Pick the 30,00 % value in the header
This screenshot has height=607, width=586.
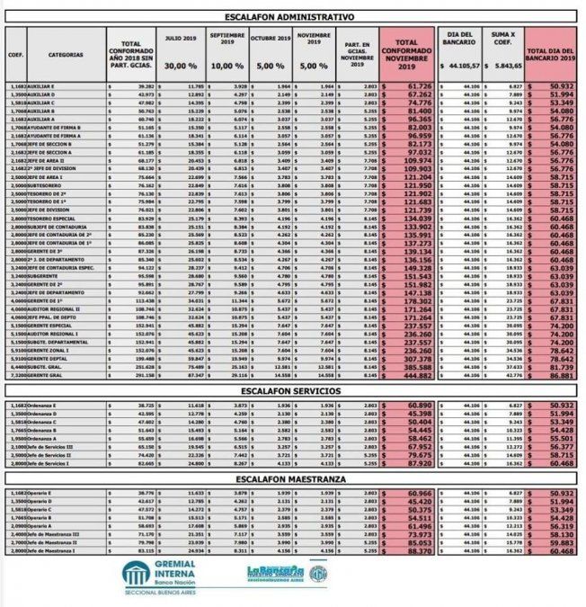[x=181, y=67]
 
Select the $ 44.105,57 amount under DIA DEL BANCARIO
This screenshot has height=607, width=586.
[x=460, y=67]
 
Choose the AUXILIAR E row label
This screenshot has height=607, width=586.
[x=43, y=86]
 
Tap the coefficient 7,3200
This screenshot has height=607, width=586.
[x=17, y=376]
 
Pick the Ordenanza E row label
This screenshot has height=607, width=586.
[x=46, y=406]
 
